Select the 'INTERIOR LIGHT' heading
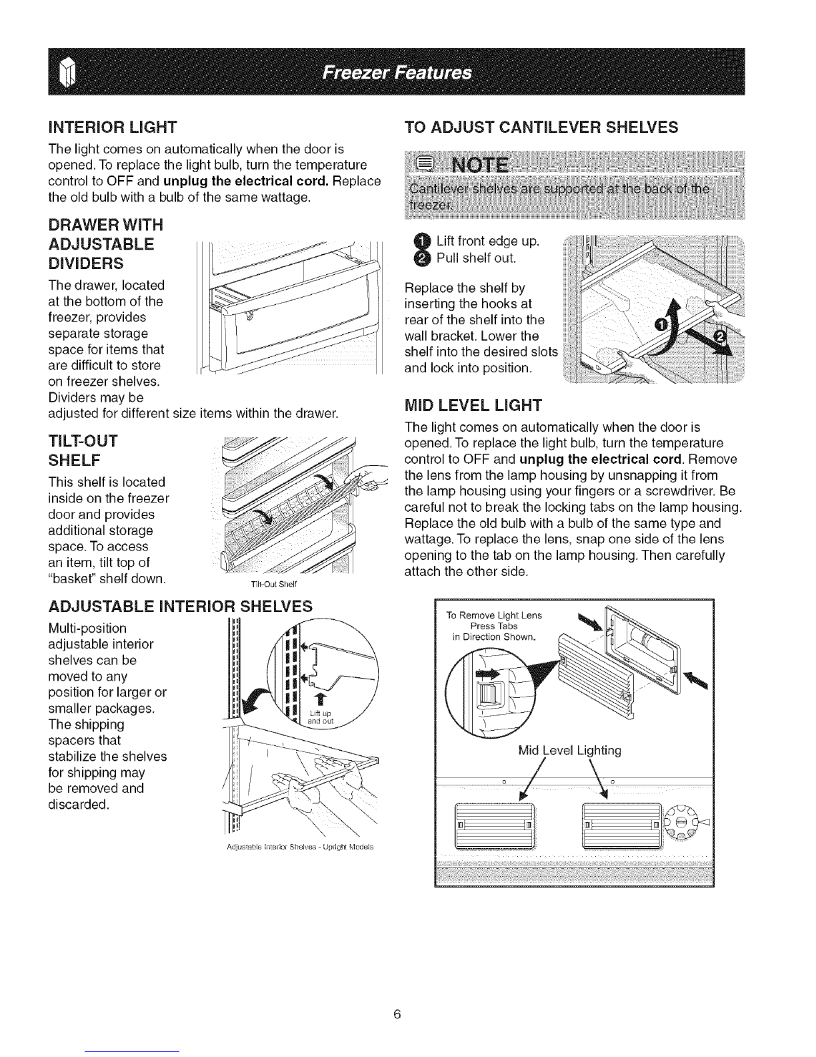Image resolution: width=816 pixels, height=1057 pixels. pos(109,126)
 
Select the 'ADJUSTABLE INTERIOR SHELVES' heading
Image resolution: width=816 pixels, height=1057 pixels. pos(181,606)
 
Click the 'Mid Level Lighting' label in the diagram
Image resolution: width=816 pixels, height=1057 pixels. pos(569,751)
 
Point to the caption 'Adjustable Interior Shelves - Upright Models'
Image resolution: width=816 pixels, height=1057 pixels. pos(299,847)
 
